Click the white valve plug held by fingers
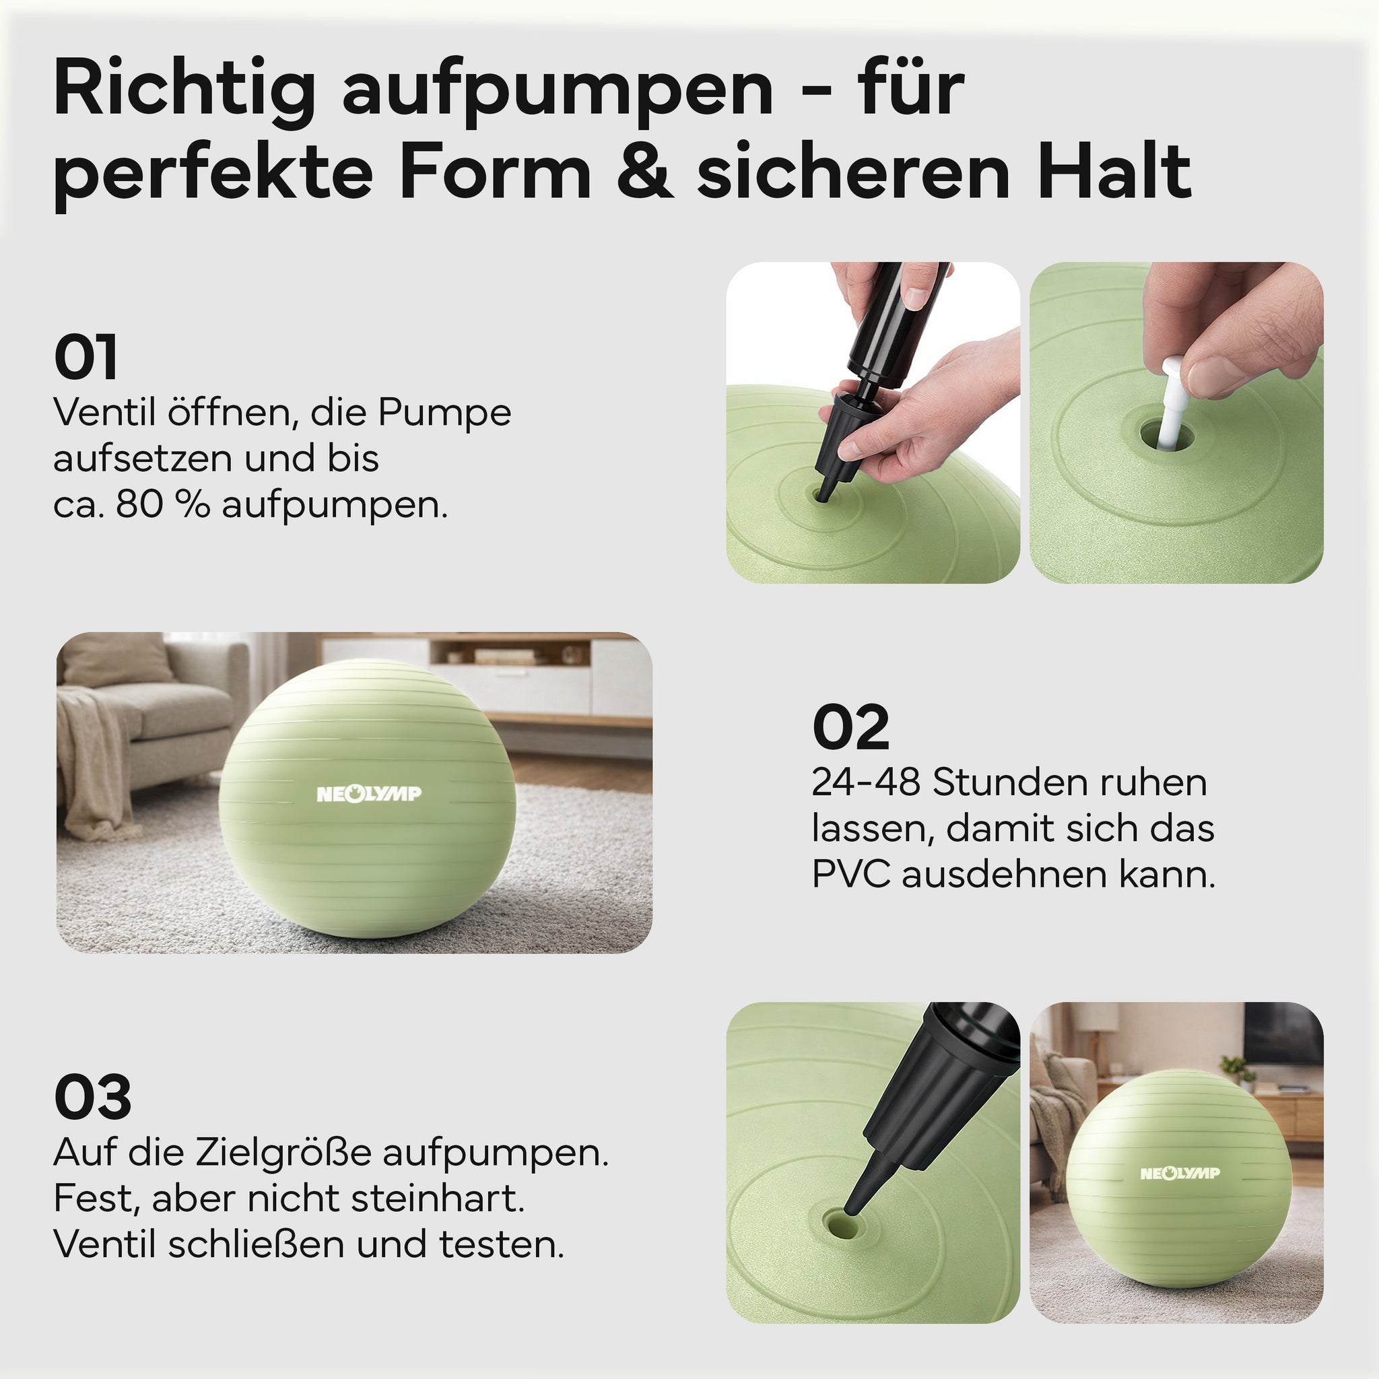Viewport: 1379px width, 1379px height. tap(1173, 404)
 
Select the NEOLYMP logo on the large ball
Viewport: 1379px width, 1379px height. tap(369, 793)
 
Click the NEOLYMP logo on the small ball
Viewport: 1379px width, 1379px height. tap(1180, 1173)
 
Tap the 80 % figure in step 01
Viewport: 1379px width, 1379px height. tap(163, 504)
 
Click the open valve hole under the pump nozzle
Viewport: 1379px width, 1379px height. tap(842, 1225)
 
